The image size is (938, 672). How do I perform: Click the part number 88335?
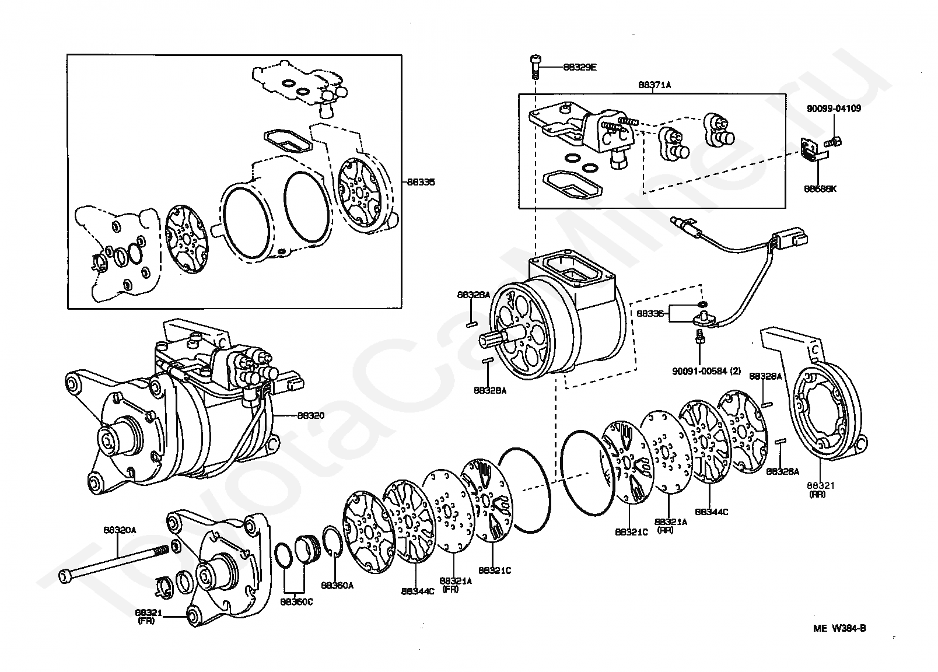coord(421,182)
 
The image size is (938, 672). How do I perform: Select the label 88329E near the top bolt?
coord(580,67)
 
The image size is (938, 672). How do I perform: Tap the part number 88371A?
coord(654,85)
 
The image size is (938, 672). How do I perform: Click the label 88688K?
coord(820,189)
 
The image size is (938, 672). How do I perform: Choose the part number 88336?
coord(650,313)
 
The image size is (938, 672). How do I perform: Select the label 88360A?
coord(337,585)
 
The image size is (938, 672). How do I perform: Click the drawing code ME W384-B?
coord(840,628)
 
